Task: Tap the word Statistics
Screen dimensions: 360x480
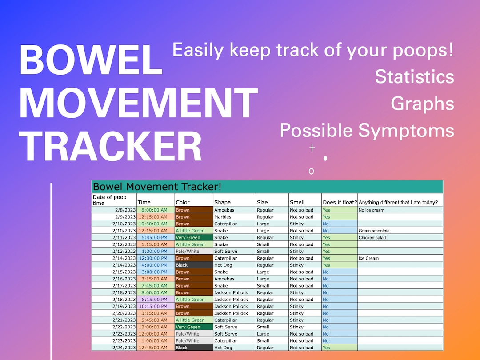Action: coord(414,76)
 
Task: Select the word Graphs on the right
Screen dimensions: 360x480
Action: coord(422,103)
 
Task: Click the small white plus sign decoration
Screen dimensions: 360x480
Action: coord(312,148)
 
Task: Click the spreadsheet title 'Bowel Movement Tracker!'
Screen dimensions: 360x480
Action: coord(157,187)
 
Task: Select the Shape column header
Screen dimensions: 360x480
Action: coord(222,202)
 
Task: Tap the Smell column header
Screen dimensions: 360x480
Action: coord(297,202)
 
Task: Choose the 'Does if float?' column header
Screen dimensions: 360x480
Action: coord(340,202)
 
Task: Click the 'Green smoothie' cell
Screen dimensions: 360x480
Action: coord(374,231)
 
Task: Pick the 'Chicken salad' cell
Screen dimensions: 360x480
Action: coord(372,238)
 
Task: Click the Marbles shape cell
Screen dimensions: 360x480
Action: coord(223,217)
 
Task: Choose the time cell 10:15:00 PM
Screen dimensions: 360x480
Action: coord(153,306)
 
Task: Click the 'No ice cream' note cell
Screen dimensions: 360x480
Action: coord(371,210)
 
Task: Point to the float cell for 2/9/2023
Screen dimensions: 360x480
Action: coord(339,217)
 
